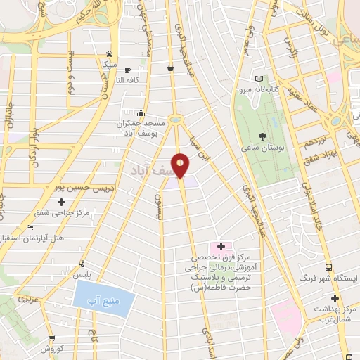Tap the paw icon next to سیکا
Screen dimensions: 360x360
click(x=110, y=53)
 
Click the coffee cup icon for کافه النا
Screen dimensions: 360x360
click(x=127, y=70)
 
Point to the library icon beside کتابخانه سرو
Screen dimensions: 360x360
click(x=259, y=79)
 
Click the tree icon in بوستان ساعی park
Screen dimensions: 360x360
click(x=262, y=138)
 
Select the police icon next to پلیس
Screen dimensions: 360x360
click(x=82, y=265)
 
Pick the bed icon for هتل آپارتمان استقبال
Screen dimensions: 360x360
click(x=30, y=228)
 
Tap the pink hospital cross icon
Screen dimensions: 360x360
click(x=221, y=247)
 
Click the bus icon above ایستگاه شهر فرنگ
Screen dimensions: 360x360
click(x=328, y=267)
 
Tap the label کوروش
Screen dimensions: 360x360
click(x=53, y=349)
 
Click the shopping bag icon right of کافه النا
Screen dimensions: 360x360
click(x=171, y=68)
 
